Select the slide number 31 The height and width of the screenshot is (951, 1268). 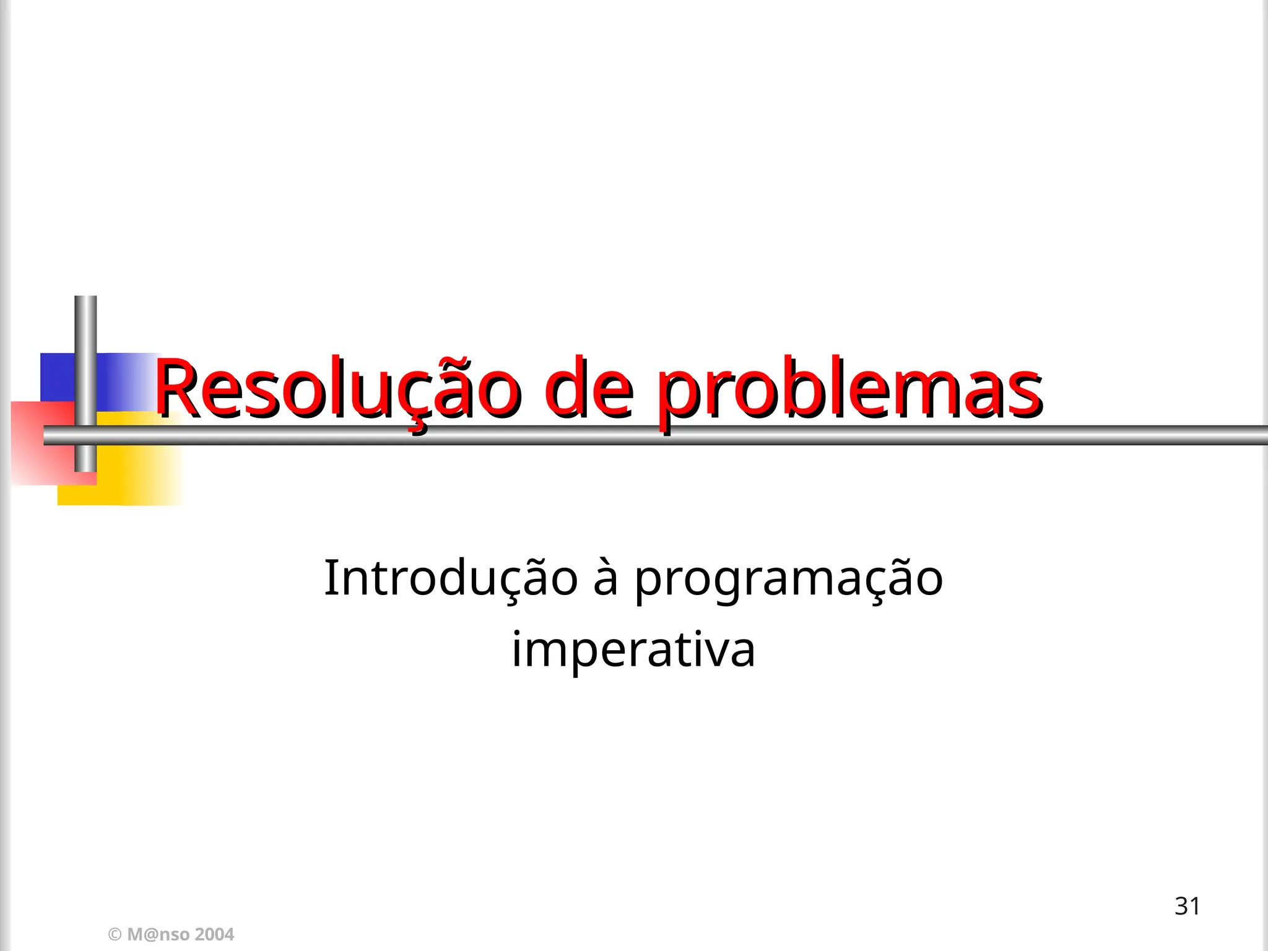1187,906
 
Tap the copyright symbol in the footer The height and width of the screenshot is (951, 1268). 115,934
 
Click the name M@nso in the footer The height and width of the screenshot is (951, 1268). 158,934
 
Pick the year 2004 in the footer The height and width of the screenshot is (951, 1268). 215,934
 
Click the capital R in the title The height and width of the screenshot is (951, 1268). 176,389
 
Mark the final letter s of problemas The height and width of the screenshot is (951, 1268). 1027,393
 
